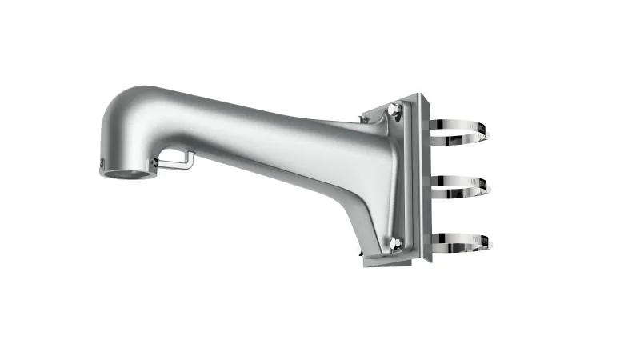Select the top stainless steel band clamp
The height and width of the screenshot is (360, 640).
[460, 133]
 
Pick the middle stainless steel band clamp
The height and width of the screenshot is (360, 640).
[460, 186]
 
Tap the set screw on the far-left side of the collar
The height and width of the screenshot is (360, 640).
[102, 165]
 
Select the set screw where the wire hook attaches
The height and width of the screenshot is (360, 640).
[155, 162]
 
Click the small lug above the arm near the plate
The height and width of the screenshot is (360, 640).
[364, 119]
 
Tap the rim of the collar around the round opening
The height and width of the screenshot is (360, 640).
[128, 178]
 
